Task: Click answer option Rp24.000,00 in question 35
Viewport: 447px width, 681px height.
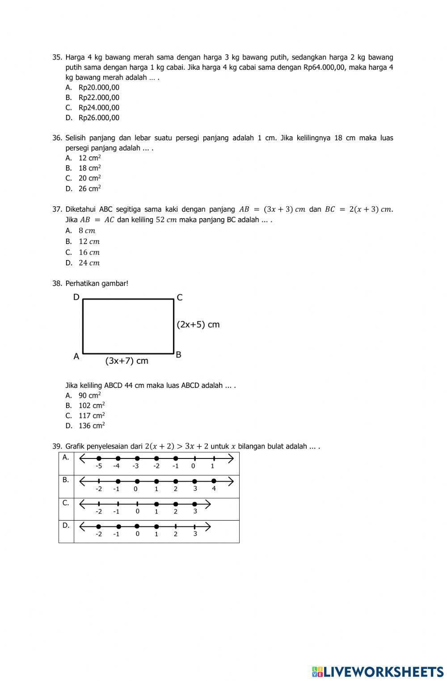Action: (x=99, y=108)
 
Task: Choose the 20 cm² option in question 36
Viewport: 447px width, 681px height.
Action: (x=89, y=178)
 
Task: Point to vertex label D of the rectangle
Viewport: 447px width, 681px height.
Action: (x=76, y=297)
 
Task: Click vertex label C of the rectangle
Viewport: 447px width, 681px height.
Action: (x=180, y=298)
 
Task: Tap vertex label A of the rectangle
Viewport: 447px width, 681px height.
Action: (x=76, y=357)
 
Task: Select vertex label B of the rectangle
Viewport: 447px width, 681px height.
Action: (x=178, y=355)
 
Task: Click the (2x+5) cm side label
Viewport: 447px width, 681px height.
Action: (x=198, y=325)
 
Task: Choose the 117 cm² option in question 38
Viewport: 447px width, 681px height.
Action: (x=92, y=416)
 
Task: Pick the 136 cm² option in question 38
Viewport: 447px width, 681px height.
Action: (x=92, y=426)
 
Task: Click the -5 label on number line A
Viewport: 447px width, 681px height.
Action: (x=99, y=466)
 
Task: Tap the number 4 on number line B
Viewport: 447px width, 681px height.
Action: (x=214, y=488)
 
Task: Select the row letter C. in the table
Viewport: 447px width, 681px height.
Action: (x=66, y=503)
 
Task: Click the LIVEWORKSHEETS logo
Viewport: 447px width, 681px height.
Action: (x=378, y=671)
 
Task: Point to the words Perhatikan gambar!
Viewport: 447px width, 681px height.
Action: (x=97, y=283)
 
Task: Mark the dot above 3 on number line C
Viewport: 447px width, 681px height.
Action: (x=194, y=504)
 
